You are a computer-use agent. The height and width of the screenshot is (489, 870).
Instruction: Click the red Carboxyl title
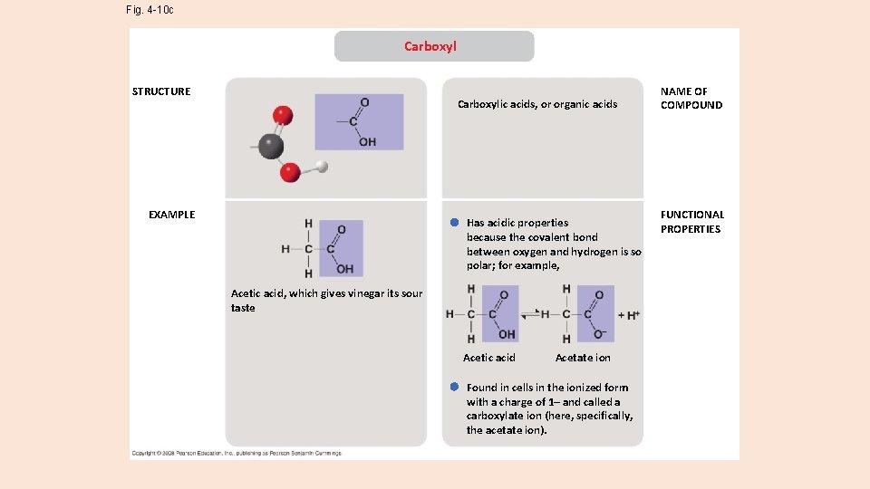pos(430,46)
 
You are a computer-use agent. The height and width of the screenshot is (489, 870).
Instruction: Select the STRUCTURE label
pos(161,91)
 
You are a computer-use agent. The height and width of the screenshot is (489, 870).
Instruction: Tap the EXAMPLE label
pos(171,215)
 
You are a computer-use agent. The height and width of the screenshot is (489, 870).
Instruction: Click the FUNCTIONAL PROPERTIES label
pos(692,222)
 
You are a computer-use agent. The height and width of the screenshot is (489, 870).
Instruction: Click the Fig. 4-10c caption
pos(150,10)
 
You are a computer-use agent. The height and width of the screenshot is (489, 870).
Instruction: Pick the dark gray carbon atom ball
pos(269,145)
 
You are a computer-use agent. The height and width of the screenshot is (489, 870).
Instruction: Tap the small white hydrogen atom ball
pos(321,167)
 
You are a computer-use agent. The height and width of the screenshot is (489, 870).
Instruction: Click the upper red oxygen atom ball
pos(284,115)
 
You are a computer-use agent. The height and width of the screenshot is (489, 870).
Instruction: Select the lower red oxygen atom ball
pos(290,171)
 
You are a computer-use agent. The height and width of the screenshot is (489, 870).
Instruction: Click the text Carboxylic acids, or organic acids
pos(537,104)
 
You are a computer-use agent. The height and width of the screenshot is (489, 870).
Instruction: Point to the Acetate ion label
pos(583,358)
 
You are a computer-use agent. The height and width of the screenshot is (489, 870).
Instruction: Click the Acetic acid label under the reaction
pos(489,358)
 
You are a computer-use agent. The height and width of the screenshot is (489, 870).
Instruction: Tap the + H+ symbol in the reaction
pos(629,315)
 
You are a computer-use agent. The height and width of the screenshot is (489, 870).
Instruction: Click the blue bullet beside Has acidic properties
pos(454,223)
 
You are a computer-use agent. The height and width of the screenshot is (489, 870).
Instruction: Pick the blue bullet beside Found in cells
pos(454,387)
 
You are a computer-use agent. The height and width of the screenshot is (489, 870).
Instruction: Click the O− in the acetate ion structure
pos(599,334)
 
